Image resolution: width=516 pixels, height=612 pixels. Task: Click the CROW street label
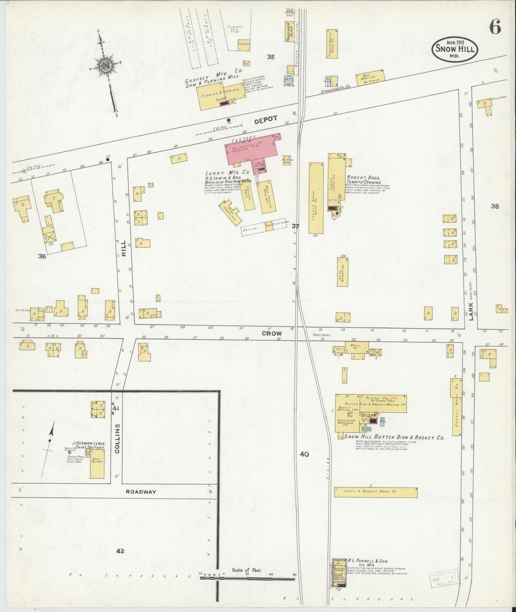click(x=272, y=333)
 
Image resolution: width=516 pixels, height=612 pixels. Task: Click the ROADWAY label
click(x=141, y=491)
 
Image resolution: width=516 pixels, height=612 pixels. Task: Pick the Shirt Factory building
click(x=97, y=463)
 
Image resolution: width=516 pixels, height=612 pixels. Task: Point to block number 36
click(x=42, y=256)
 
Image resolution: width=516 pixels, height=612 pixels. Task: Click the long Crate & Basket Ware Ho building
click(x=376, y=492)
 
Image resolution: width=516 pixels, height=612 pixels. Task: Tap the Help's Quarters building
click(x=342, y=272)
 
